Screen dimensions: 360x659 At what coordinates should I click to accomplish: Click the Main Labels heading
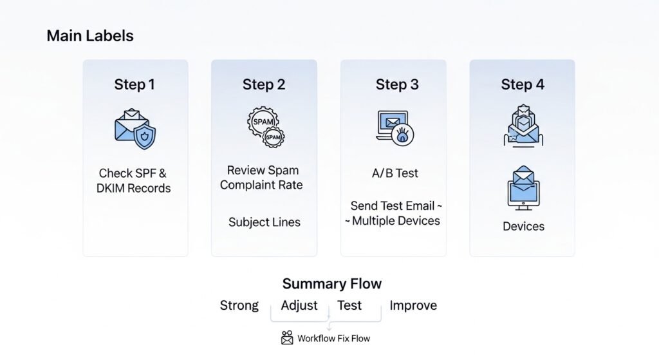point(90,36)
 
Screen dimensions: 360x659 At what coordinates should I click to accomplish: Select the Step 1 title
point(135,84)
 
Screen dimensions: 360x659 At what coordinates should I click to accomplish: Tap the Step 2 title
point(263,84)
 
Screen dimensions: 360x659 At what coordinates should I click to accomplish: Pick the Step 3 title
point(397,84)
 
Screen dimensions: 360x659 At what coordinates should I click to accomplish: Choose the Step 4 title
point(523,84)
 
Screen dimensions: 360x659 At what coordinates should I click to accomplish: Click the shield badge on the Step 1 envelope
point(144,137)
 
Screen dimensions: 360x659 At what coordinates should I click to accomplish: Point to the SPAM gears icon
point(265,128)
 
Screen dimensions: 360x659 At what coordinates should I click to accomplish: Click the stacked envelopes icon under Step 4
point(522,126)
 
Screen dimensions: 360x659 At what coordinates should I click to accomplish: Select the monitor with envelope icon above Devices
point(523,187)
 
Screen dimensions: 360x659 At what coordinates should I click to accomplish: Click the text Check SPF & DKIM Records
point(135,181)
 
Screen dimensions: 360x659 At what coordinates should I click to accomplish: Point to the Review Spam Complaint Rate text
point(261,178)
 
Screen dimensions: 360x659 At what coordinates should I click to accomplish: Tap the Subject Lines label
point(264,222)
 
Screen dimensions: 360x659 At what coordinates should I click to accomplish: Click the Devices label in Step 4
point(523,227)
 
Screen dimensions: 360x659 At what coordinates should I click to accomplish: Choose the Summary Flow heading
point(331,284)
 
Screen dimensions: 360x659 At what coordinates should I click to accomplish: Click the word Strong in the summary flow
point(239,305)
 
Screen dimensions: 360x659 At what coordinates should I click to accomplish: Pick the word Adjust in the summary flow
point(299,305)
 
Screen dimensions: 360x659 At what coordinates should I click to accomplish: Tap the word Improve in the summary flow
point(413,305)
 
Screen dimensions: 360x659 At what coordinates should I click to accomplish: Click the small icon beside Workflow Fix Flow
point(287,338)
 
